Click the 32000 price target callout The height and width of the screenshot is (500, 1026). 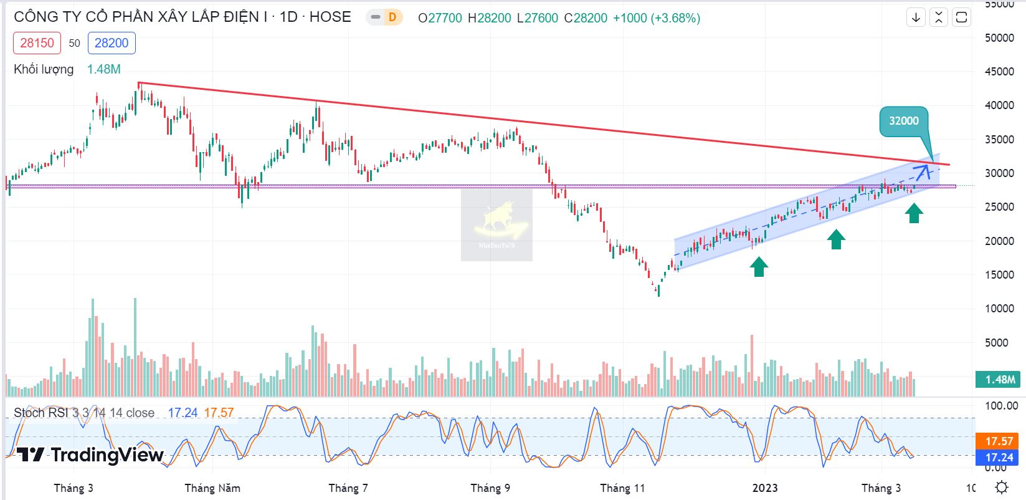pyautogui.click(x=903, y=121)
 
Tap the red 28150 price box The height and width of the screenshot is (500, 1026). pyautogui.click(x=37, y=43)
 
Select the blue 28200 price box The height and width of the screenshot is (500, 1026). pyautogui.click(x=112, y=43)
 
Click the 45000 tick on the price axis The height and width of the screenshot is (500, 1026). pyautogui.click(x=999, y=72)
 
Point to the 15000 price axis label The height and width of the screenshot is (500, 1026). pyautogui.click(x=999, y=275)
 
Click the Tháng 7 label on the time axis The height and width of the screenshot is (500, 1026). pyautogui.click(x=348, y=488)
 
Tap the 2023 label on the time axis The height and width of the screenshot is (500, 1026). pyautogui.click(x=765, y=488)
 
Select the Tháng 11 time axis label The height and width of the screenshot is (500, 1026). pyautogui.click(x=622, y=488)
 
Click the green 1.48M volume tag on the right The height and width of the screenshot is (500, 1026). pyautogui.click(x=1000, y=379)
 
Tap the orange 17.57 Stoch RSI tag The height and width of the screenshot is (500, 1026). pyautogui.click(x=999, y=441)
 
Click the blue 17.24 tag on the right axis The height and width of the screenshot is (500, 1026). pyautogui.click(x=999, y=458)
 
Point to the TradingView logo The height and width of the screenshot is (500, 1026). pyautogui.click(x=90, y=455)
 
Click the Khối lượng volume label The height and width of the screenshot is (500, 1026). pyautogui.click(x=44, y=69)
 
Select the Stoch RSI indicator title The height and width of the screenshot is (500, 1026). pyautogui.click(x=84, y=413)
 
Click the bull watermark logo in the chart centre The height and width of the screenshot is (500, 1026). pyautogui.click(x=497, y=224)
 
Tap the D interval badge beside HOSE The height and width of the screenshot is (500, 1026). pyautogui.click(x=392, y=17)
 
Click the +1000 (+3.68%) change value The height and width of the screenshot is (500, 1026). pyautogui.click(x=657, y=18)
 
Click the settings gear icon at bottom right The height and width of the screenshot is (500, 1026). pyautogui.click(x=1001, y=487)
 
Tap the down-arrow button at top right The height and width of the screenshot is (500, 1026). pyautogui.click(x=916, y=17)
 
